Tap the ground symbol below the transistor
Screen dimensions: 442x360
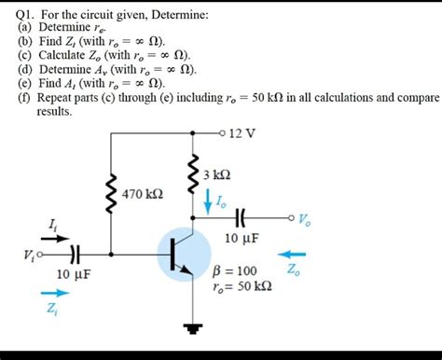pyautogui.click(x=194, y=327)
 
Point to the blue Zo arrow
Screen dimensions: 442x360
pyautogui.click(x=296, y=252)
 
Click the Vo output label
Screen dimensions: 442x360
pyautogui.click(x=306, y=220)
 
